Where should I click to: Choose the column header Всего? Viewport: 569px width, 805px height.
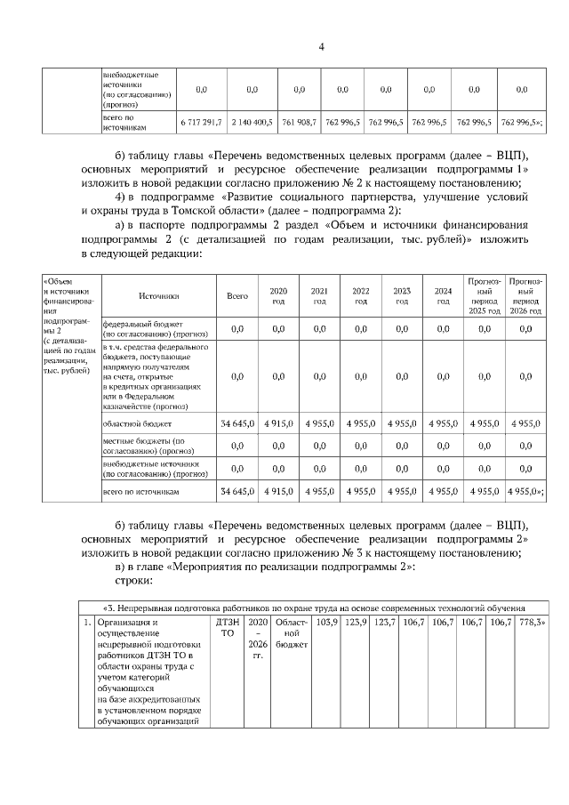click(x=237, y=296)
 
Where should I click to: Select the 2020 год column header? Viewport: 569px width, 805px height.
click(x=278, y=296)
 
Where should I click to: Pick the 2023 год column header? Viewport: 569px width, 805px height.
click(x=402, y=296)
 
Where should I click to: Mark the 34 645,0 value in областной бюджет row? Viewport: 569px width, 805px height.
click(x=237, y=424)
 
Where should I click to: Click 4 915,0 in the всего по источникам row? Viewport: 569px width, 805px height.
click(x=278, y=491)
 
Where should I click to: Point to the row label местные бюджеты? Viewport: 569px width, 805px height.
click(x=142, y=446)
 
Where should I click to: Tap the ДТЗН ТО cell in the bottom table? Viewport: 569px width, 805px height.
click(x=227, y=627)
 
